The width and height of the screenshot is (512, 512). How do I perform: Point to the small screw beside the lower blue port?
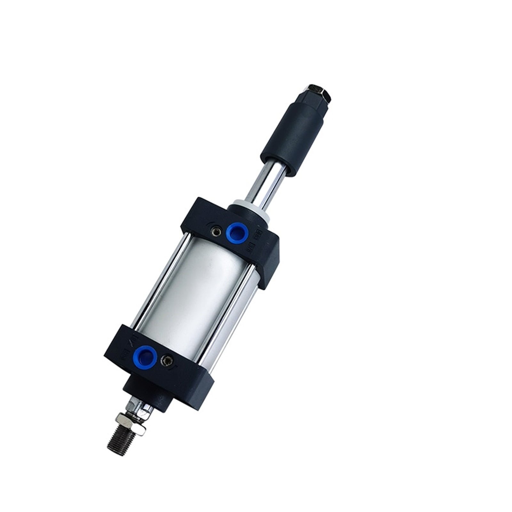pos(167,361)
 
